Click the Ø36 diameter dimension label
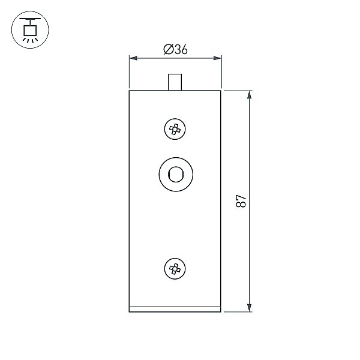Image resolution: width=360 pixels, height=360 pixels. [x=175, y=49]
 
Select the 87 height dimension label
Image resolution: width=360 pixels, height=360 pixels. [x=241, y=201]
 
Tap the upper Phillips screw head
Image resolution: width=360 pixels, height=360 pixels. [x=175, y=129]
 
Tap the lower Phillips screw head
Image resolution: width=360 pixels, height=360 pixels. [x=175, y=268]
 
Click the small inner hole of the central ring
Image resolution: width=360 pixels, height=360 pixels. [x=176, y=175]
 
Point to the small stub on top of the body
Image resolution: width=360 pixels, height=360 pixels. [x=175, y=82]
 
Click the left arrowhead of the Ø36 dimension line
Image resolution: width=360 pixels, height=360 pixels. [x=134, y=58]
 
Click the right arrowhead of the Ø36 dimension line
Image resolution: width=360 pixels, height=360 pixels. [x=217, y=58]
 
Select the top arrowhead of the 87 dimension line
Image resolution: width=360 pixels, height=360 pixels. [x=250, y=95]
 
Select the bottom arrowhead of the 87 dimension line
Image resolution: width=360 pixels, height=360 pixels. [x=250, y=308]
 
